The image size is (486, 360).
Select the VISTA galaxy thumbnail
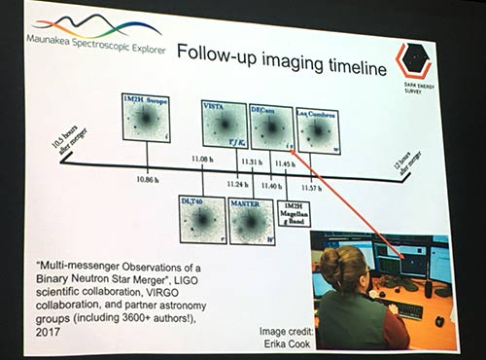tap(224, 123)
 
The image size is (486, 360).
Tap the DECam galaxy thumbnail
tap(271, 126)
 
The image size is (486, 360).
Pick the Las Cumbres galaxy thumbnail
tap(317, 130)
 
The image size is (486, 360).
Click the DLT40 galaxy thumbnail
tap(202, 217)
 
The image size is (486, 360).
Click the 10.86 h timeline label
tap(147, 180)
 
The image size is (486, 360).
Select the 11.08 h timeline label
tap(202, 158)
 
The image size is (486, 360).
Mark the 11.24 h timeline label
tap(237, 183)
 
